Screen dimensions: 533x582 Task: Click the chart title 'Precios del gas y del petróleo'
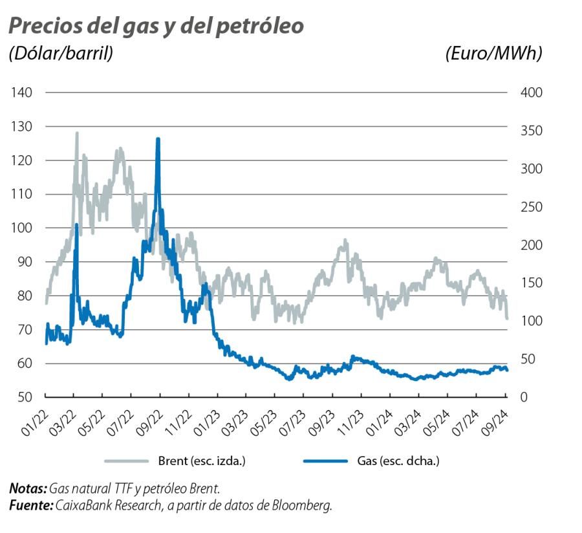[156, 26]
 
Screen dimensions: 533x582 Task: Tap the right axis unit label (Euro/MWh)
[493, 54]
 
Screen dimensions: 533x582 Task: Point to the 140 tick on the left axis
[22, 92]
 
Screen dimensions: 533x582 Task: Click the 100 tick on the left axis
[22, 228]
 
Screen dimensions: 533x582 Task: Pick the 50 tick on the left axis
[25, 397]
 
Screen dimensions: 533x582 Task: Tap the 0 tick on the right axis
[524, 397]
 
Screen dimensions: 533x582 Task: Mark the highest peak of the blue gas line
[158, 139]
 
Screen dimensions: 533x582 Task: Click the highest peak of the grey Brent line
[77, 133]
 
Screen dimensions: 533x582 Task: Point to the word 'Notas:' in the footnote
[28, 488]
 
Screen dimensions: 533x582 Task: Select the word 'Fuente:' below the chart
[30, 505]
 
